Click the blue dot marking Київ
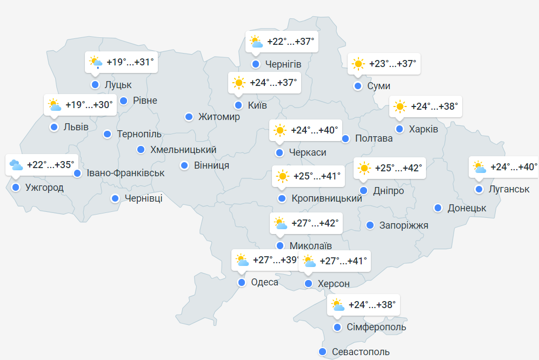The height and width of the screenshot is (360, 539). click(238, 105)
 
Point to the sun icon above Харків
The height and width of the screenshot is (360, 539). click(400, 107)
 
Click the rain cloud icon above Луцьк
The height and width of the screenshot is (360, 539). click(96, 62)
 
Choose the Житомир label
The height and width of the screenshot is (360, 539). click(219, 117)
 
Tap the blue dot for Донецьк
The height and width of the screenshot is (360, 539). click(437, 208)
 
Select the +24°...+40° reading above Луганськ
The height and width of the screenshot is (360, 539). click(514, 167)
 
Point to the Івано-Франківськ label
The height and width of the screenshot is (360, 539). click(125, 173)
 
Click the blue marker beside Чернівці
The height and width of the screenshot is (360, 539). click(115, 198)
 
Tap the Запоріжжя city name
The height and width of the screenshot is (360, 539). click(404, 225)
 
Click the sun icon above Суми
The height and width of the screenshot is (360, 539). click(358, 64)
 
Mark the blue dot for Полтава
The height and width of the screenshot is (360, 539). click(345, 138)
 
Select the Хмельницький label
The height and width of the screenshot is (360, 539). click(183, 150)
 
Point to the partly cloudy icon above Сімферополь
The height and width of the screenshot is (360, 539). click(337, 305)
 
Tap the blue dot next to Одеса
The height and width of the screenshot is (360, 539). click(242, 282)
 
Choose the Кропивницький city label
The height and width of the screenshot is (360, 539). click(327, 199)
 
